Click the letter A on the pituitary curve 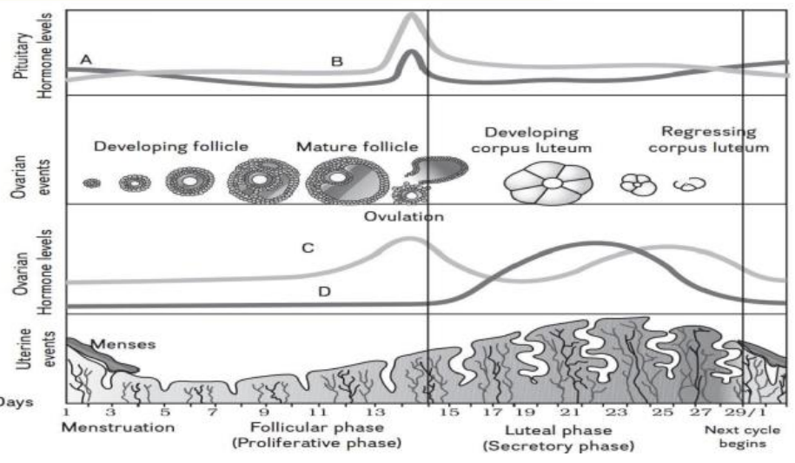click(x=85, y=59)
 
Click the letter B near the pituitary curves click(x=337, y=62)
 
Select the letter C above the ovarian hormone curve click(x=307, y=248)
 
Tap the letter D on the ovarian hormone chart click(x=323, y=292)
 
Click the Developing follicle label click(x=171, y=146)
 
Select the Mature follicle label click(x=356, y=146)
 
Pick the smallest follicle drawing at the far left click(x=91, y=183)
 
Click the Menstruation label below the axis click(x=118, y=428)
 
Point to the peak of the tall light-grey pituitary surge click(x=412, y=15)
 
